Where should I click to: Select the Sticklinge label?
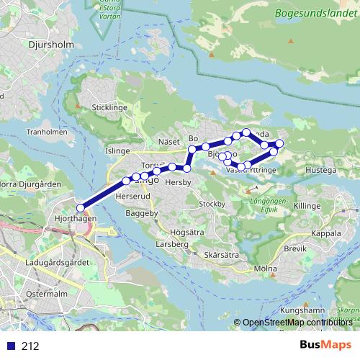(x=109, y=108)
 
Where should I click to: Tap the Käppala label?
(x=327, y=234)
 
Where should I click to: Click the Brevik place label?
(x=295, y=248)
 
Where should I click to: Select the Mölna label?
(x=266, y=269)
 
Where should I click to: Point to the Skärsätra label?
(x=221, y=255)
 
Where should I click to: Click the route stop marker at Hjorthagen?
(x=80, y=208)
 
